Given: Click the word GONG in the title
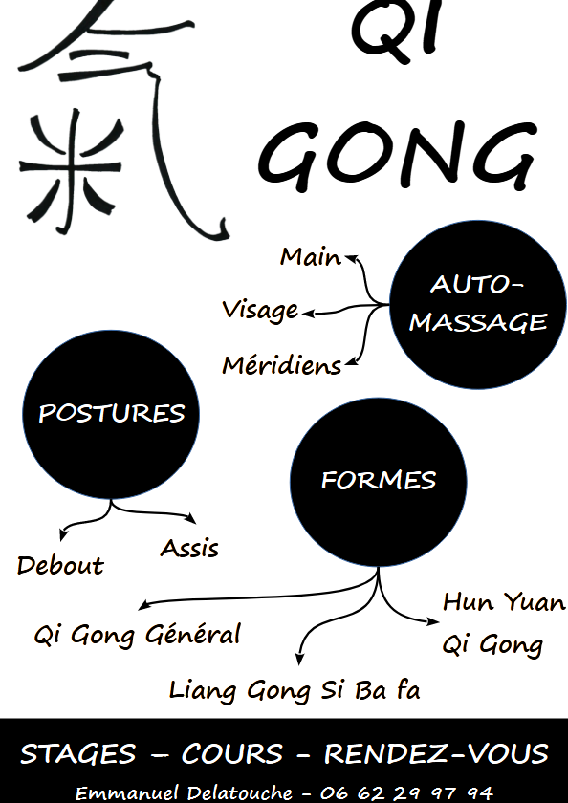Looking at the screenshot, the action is pyautogui.click(x=398, y=155).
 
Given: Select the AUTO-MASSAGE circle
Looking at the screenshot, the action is pyautogui.click(x=478, y=305).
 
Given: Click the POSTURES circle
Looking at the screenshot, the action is pyautogui.click(x=111, y=414).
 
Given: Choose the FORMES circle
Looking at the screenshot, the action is pyautogui.click(x=379, y=482).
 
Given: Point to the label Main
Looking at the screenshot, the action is pyautogui.click(x=311, y=256).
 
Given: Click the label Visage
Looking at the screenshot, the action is pyautogui.click(x=260, y=311).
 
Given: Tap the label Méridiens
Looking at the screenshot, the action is pyautogui.click(x=282, y=365).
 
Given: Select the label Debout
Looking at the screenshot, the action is pyautogui.click(x=60, y=565).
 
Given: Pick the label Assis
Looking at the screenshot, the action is pyautogui.click(x=189, y=548).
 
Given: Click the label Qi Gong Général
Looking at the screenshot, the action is pyautogui.click(x=137, y=635).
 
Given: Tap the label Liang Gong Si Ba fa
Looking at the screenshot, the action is pyautogui.click(x=295, y=690).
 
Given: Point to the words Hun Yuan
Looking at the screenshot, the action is pyautogui.click(x=504, y=602).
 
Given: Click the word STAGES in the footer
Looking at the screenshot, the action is pyautogui.click(x=77, y=754).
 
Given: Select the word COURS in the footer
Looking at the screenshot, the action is pyautogui.click(x=231, y=754).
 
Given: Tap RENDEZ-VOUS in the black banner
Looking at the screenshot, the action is pyautogui.click(x=436, y=754).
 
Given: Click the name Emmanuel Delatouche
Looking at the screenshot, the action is pyautogui.click(x=184, y=792).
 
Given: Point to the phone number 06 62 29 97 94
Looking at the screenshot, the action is pyautogui.click(x=406, y=793).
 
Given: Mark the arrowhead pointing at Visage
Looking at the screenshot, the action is pyautogui.click(x=308, y=314).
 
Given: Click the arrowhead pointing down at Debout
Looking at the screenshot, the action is pyautogui.click(x=62, y=535).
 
